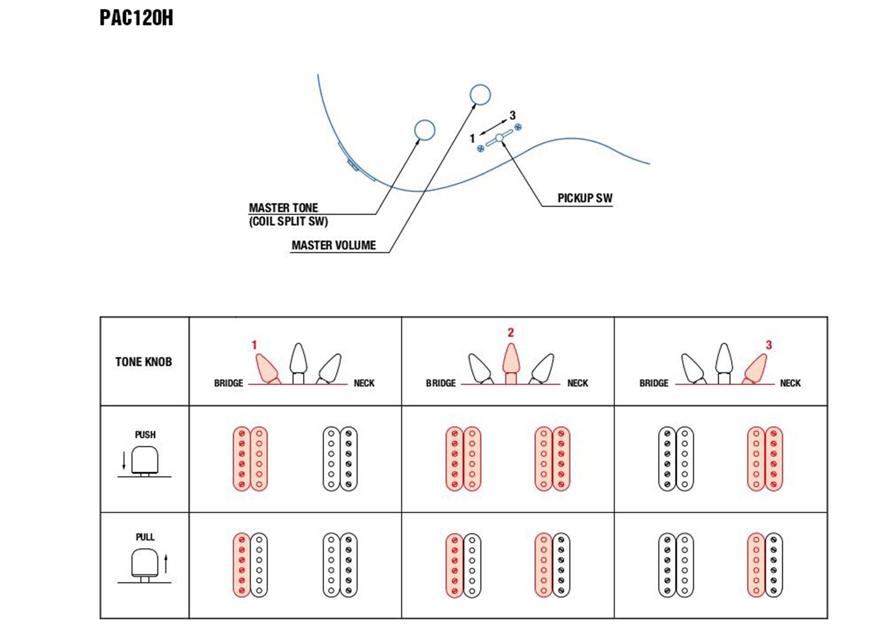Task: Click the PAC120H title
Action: (136, 18)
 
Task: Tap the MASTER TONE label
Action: (283, 208)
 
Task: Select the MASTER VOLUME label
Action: (334, 245)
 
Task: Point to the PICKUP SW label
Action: (585, 198)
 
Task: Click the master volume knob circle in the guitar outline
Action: (480, 95)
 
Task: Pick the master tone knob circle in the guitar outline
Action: (424, 130)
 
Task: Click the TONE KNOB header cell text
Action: (143, 362)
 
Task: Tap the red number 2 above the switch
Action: (511, 332)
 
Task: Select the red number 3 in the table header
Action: (769, 345)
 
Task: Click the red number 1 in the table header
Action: (254, 345)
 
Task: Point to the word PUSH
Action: (145, 435)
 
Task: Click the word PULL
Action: (145, 537)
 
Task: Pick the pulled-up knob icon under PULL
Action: (145, 565)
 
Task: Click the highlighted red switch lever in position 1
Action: (267, 369)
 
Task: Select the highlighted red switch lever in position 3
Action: (756, 369)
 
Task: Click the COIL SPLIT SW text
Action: (289, 221)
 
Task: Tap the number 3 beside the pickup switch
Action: (513, 115)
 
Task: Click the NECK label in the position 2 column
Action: (577, 383)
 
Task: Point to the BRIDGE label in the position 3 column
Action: (654, 383)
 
